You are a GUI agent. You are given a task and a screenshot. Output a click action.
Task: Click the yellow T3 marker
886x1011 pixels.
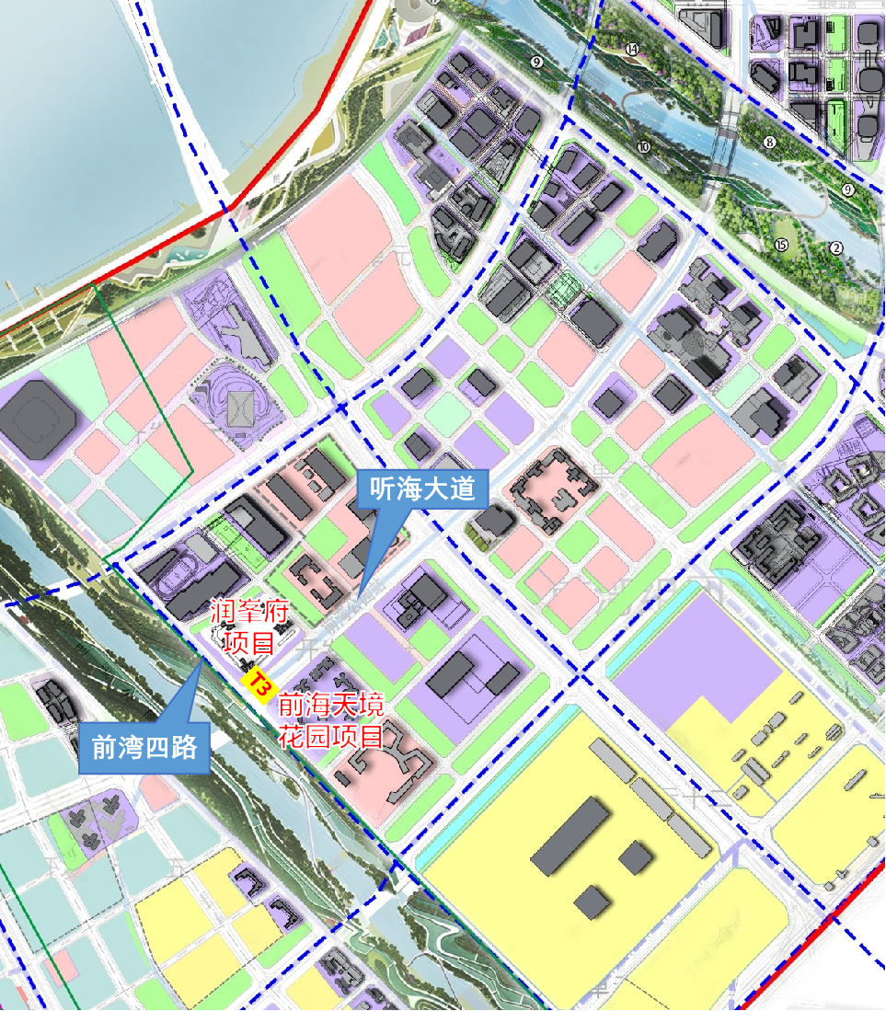click(x=259, y=684)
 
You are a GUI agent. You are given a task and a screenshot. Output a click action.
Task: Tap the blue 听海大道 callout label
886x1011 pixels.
click(x=421, y=488)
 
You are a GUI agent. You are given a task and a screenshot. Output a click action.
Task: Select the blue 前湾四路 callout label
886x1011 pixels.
click(x=144, y=745)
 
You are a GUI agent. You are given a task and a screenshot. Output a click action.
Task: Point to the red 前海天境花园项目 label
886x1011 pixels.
click(x=331, y=720)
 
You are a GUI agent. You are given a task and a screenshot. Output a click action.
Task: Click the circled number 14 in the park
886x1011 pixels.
click(x=631, y=50)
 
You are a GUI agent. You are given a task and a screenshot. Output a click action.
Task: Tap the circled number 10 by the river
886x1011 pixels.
click(x=643, y=146)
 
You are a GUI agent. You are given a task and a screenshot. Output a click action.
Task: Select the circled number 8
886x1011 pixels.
click(x=770, y=143)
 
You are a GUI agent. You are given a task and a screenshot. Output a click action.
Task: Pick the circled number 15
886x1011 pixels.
click(x=781, y=245)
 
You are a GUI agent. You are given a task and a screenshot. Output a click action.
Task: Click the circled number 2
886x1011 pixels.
click(x=836, y=247)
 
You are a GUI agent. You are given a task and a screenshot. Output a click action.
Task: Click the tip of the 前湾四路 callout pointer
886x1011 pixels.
click(x=201, y=660)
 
